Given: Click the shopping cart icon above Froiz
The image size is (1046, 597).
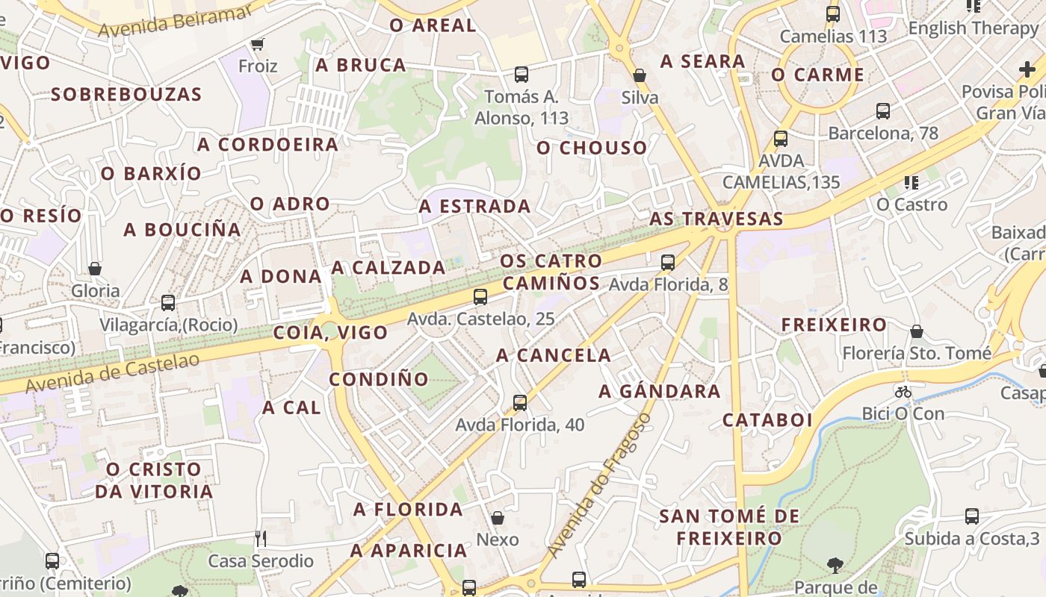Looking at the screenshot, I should tap(258, 44).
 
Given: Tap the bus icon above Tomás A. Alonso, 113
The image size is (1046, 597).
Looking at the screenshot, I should tap(522, 75).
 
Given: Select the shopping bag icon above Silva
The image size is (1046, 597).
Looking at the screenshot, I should tap(640, 75).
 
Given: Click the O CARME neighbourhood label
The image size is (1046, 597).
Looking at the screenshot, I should tap(818, 75).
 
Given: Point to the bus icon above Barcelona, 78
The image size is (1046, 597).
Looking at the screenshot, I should tap(883, 111).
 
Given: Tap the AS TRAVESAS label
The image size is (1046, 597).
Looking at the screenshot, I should tap(717, 219).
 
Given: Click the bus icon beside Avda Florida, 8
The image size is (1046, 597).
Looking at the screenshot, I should tap(668, 263).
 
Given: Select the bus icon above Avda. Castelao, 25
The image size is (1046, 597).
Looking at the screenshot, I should tap(480, 297).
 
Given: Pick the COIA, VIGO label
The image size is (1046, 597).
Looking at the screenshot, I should tap(331, 333).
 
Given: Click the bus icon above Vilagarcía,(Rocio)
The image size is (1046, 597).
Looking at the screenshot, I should tap(168, 303).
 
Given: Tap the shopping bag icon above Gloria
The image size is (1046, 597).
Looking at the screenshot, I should tap(95, 269).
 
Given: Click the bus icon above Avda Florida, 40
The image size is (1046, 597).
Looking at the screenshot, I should tap(520, 403).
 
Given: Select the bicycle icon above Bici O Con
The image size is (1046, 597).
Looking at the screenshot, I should tap(903, 392).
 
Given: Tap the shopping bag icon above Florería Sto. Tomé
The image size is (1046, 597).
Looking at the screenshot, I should tap(917, 331).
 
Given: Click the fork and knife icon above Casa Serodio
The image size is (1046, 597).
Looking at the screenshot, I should tap(260, 538).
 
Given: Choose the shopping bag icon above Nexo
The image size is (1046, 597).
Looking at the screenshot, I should tap(498, 518).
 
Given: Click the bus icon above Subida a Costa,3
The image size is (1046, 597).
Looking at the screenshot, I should tap(972, 516).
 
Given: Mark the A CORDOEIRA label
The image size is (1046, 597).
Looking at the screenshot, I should tap(268, 144).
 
